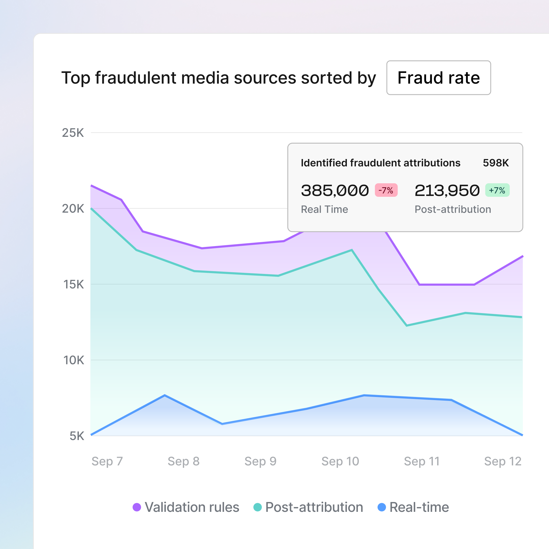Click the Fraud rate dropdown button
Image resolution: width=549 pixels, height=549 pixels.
coord(438,78)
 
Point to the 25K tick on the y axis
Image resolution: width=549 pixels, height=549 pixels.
coord(73,133)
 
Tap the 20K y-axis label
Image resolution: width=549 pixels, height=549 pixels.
coord(73,209)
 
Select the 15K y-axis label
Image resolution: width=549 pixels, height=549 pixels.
coord(73,284)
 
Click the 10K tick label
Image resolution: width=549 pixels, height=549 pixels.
coord(73,360)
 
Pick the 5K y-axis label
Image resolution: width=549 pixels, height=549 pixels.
coord(77,436)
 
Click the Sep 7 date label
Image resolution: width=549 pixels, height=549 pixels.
coord(107,461)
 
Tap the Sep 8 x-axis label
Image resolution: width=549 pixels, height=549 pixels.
coord(184,461)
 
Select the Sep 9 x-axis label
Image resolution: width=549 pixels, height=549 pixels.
coord(260,461)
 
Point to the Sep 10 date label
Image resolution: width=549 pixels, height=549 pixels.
coord(340,461)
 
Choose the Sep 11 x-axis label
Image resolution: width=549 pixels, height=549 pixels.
coord(422,461)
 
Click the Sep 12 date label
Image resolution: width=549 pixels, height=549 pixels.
coord(503,461)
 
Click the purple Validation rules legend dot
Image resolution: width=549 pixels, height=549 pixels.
coord(137,507)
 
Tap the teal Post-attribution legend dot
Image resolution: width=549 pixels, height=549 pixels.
coord(257,507)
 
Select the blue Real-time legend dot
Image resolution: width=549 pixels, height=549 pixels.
coord(382,507)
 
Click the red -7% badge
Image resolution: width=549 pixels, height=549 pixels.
coord(386,190)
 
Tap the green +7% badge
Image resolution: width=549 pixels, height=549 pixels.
coord(497,190)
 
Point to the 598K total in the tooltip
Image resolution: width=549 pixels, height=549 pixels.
coord(496,163)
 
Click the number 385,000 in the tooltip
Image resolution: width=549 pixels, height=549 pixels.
coord(335,190)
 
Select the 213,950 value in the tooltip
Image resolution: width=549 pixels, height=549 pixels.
coord(447,190)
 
